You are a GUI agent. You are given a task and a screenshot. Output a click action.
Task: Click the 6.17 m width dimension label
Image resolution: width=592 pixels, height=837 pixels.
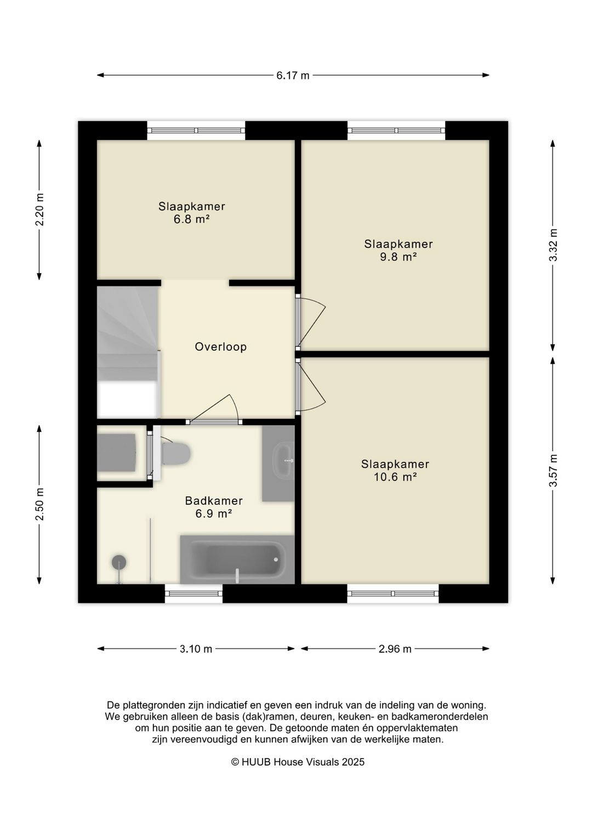pyautogui.click(x=293, y=76)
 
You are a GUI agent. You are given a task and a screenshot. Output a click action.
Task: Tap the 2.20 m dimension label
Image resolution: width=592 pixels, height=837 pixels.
pyautogui.click(x=39, y=210)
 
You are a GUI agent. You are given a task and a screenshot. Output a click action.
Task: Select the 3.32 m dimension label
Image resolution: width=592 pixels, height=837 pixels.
pyautogui.click(x=553, y=245)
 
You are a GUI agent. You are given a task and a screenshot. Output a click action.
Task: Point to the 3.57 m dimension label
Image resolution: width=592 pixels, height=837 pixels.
pyautogui.click(x=553, y=471)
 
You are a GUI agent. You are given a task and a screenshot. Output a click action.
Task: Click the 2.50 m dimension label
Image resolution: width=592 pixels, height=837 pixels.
pyautogui.click(x=39, y=504)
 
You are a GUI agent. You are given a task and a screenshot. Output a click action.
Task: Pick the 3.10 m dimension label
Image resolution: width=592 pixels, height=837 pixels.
pyautogui.click(x=196, y=649)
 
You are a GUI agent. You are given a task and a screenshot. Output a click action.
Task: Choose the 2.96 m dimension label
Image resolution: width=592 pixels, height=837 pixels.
pyautogui.click(x=395, y=649)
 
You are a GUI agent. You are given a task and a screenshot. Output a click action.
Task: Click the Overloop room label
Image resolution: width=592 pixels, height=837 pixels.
pyautogui.click(x=221, y=347)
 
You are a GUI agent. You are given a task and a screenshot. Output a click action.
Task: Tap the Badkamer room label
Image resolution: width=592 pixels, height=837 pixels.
pyautogui.click(x=214, y=500)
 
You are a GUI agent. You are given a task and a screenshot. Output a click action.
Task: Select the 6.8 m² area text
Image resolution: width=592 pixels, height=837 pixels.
pyautogui.click(x=191, y=219)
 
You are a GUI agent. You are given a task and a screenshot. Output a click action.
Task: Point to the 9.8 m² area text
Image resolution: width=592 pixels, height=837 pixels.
pyautogui.click(x=398, y=257)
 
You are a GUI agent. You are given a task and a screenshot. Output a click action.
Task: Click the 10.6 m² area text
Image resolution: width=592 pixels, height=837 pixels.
pyautogui.click(x=395, y=477)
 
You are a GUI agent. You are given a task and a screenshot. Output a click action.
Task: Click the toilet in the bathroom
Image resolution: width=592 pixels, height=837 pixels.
pyautogui.click(x=175, y=454)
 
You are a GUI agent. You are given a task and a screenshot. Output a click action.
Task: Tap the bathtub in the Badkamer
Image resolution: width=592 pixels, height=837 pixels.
pyautogui.click(x=237, y=559)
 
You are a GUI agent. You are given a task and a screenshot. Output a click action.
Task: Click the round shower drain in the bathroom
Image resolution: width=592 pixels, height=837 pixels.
pyautogui.click(x=119, y=562)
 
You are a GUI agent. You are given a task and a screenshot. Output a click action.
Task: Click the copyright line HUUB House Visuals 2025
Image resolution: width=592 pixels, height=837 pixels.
pyautogui.click(x=298, y=762)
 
